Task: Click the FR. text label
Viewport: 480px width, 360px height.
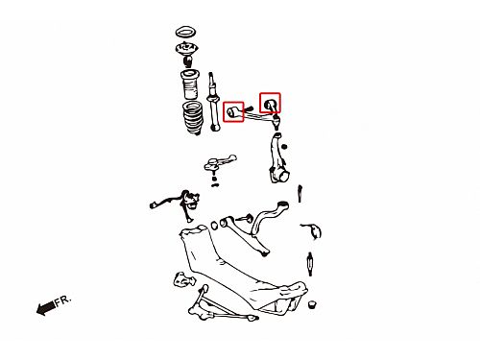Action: (x=62, y=300)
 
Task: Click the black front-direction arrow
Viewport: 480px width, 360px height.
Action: (x=45, y=308)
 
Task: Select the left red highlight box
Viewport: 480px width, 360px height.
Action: (x=233, y=111)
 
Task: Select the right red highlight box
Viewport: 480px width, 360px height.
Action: (x=270, y=103)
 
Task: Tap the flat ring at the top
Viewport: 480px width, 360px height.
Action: (x=185, y=32)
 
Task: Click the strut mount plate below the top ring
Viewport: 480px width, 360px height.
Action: (x=186, y=48)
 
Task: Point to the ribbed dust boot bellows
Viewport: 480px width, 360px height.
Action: (x=193, y=118)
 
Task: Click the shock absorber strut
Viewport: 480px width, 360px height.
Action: (x=213, y=102)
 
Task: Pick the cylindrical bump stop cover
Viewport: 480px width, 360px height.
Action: (x=190, y=84)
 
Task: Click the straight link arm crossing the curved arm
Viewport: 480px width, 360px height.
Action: (x=244, y=236)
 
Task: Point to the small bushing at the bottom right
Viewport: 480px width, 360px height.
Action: (x=312, y=304)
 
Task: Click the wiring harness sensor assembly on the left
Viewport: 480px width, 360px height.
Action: (x=179, y=204)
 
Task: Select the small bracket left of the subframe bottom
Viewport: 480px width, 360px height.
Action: (x=184, y=279)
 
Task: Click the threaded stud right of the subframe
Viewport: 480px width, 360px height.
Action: (x=310, y=264)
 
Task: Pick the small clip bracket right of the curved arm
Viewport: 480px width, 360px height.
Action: (x=313, y=230)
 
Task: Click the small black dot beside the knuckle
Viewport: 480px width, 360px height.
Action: (x=284, y=147)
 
